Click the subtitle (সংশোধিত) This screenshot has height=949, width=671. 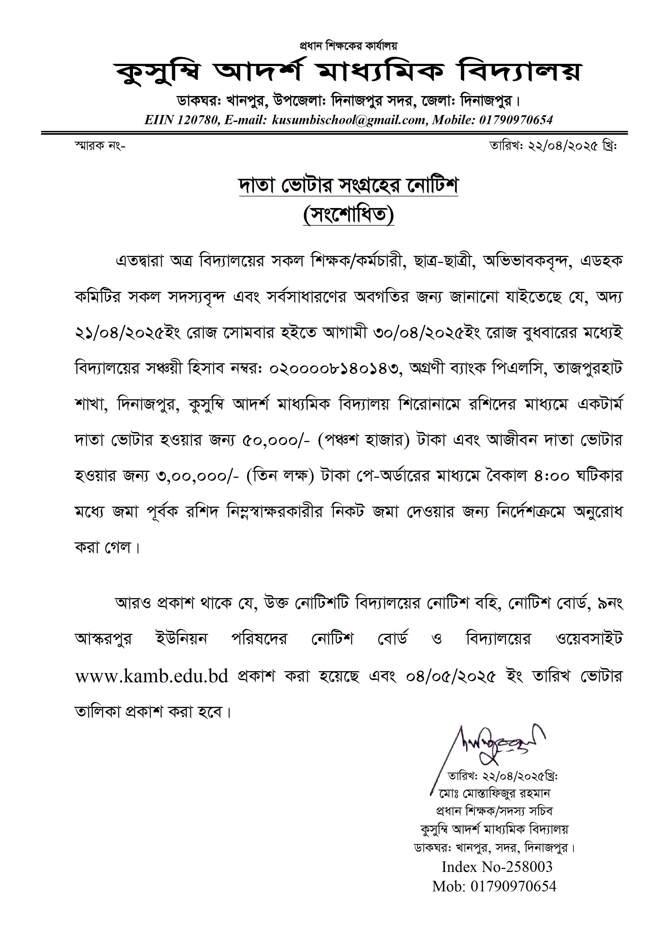coord(348,215)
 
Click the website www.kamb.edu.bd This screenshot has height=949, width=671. coord(152,676)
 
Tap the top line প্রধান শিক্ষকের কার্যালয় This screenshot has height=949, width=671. coord(348,45)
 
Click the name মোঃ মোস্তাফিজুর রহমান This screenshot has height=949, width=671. coord(495,793)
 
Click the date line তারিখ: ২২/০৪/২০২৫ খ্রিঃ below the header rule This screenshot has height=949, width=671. coord(553,146)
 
